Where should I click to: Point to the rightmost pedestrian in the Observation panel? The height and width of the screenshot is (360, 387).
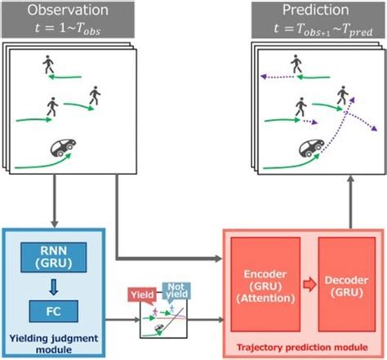(x=96, y=95)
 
